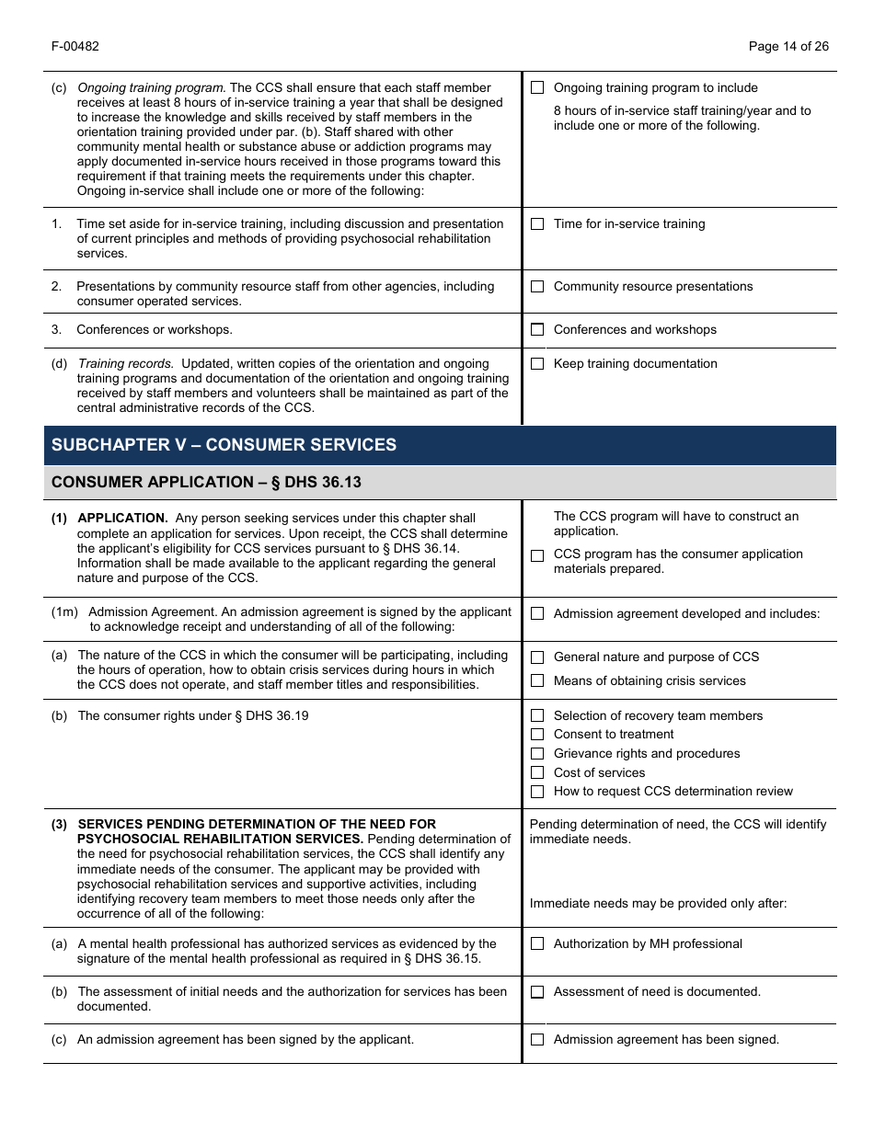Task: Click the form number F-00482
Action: (x=75, y=47)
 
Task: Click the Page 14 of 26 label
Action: (x=788, y=47)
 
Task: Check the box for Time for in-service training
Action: (x=537, y=224)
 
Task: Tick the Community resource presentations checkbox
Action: (x=537, y=287)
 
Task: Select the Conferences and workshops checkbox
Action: (x=537, y=330)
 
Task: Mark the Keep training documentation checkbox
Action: (x=537, y=364)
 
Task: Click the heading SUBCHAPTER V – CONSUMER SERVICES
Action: (x=224, y=445)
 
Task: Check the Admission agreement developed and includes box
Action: (x=537, y=614)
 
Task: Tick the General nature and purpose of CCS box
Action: (x=537, y=657)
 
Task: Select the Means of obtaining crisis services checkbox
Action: (x=537, y=681)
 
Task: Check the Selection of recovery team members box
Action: (x=537, y=716)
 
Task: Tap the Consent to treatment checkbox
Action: (x=537, y=735)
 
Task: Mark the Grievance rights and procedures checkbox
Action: (x=537, y=754)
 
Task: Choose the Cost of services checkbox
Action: (x=537, y=773)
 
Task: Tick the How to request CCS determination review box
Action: (x=537, y=792)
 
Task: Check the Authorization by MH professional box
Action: (x=537, y=944)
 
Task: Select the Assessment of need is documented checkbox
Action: (x=537, y=992)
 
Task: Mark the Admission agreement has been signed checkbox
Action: (x=537, y=1040)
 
